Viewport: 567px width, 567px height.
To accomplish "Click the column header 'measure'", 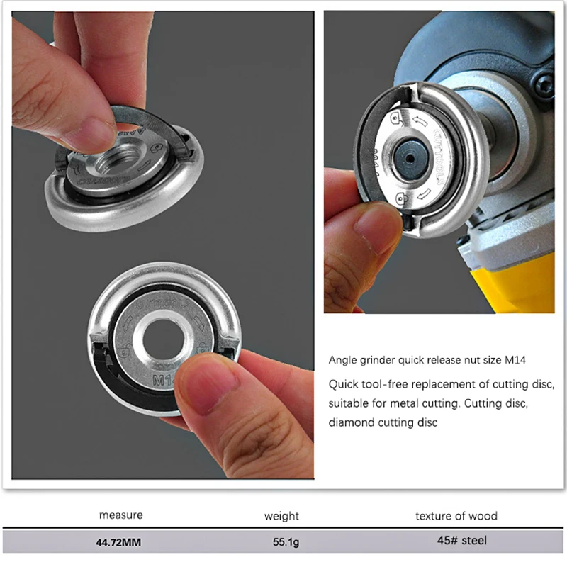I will pos(120,515).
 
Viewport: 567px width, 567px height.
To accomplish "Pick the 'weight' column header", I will pos(281,516).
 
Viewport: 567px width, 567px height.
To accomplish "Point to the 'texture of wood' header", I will pos(456,515).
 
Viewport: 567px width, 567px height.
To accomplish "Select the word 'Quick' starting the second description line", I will pos(343,384).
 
